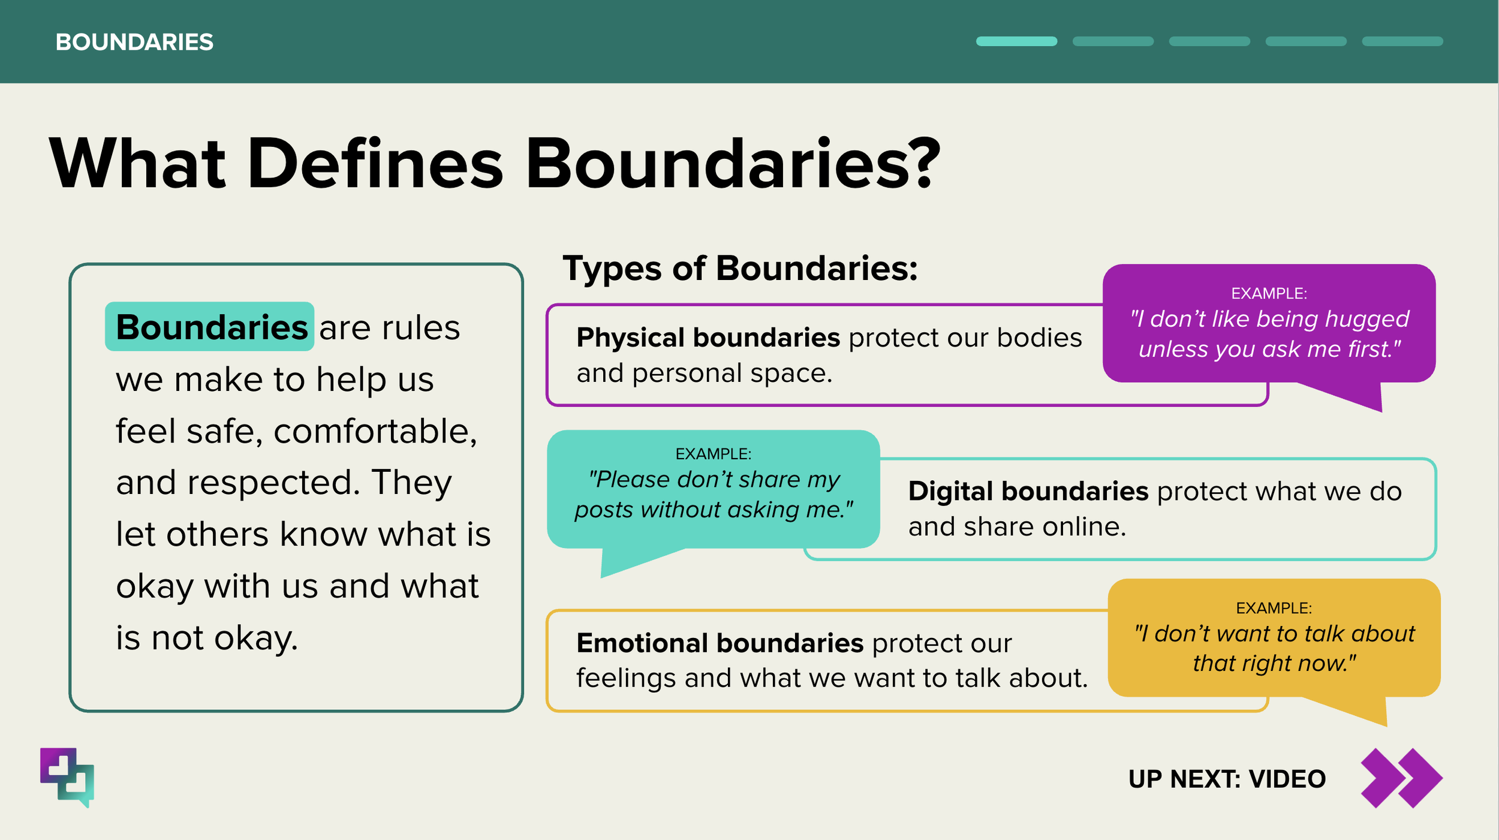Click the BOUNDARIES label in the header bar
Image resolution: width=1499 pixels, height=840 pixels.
(x=134, y=42)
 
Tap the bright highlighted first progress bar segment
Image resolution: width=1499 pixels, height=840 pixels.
(x=1016, y=41)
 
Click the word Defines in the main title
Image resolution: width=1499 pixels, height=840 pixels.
(x=375, y=164)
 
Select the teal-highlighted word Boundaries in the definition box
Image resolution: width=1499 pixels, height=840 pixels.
(x=211, y=327)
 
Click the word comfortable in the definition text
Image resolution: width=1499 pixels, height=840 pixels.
(x=375, y=431)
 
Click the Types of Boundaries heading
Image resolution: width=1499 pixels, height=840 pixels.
(x=740, y=268)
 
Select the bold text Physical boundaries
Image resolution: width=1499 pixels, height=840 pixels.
(x=708, y=338)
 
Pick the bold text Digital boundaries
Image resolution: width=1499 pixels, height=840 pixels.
(x=1028, y=491)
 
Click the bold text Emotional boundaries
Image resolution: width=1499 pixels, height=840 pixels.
(x=720, y=643)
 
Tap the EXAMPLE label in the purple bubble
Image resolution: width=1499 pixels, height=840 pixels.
(x=1269, y=293)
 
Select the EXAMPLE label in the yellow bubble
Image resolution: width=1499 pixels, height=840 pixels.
(x=1274, y=608)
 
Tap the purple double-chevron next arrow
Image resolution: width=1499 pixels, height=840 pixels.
(x=1401, y=778)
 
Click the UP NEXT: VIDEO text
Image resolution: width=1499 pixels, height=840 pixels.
(x=1227, y=779)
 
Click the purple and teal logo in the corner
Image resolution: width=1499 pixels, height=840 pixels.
(x=67, y=777)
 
